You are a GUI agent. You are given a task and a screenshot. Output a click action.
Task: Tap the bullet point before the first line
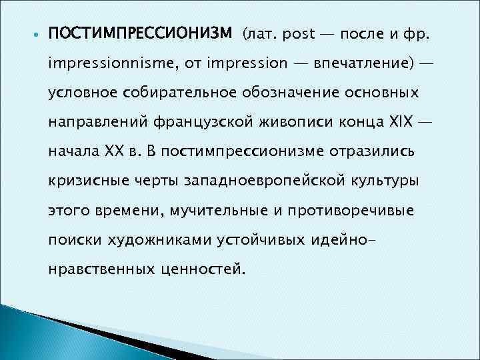coord(35,34)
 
